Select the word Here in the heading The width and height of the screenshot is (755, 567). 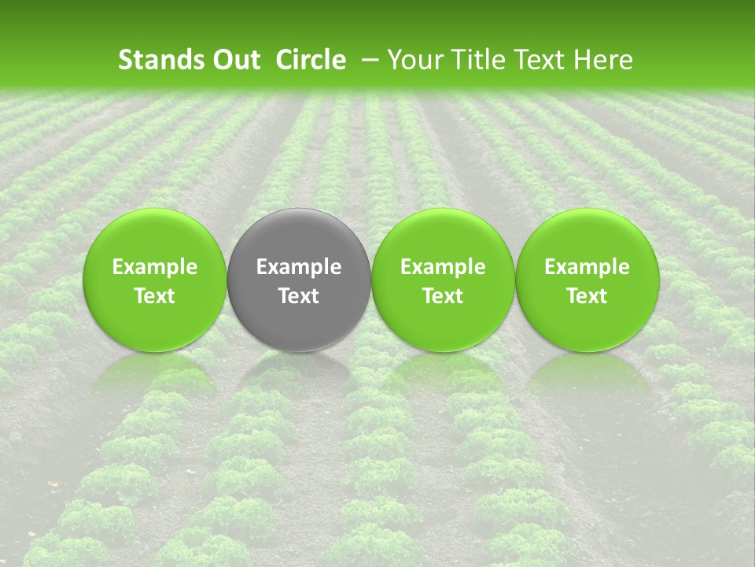click(x=603, y=60)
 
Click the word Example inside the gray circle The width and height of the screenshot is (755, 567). click(x=299, y=267)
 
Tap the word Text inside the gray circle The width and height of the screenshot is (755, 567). click(x=299, y=296)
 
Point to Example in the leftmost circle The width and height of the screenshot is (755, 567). click(x=155, y=267)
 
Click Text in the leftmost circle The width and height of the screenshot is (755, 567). click(x=155, y=296)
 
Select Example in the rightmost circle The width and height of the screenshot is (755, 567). click(x=587, y=267)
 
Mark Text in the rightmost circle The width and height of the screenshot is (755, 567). click(x=587, y=296)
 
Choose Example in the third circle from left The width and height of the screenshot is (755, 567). click(x=443, y=267)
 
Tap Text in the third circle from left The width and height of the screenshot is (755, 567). click(x=443, y=296)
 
